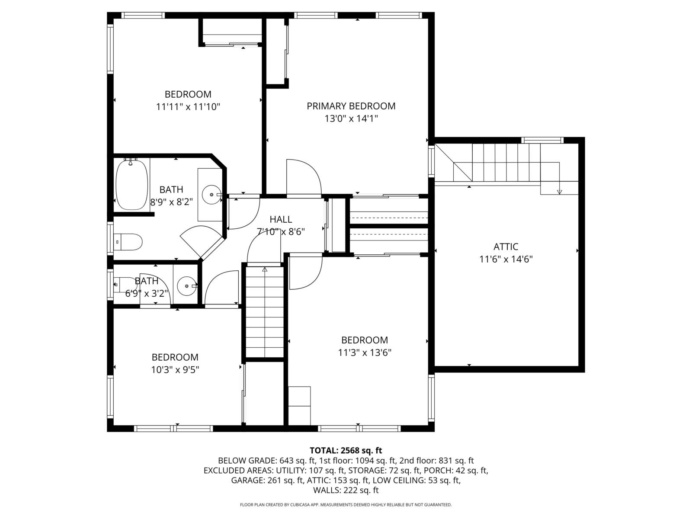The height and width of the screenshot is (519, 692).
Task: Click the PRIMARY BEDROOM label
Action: coord(351,106)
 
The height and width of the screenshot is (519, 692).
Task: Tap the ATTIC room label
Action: coord(506,247)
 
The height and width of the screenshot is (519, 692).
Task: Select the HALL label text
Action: coord(281,219)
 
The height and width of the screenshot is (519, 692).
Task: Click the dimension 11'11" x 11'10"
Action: coord(188,106)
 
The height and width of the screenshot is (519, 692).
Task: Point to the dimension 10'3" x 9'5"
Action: coord(175,370)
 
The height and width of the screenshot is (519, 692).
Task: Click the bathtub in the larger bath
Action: coord(131,185)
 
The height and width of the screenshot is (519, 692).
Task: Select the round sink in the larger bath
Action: coord(211,195)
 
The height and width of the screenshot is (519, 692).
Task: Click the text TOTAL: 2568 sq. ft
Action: coord(346,450)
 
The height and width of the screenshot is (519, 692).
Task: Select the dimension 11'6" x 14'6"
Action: coord(506,259)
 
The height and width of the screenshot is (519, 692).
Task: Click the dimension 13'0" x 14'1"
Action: coord(351,119)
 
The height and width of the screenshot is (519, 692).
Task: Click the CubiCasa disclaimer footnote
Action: coord(346,505)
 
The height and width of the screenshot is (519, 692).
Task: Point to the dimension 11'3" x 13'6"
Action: coord(365,352)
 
